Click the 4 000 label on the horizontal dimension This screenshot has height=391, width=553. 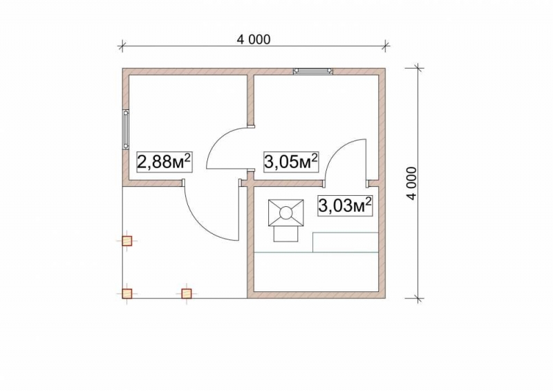(254, 39)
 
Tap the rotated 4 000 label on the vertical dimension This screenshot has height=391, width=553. (411, 183)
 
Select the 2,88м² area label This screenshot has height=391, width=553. (164, 162)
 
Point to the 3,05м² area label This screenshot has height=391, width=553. (291, 162)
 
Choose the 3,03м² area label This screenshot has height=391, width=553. (345, 206)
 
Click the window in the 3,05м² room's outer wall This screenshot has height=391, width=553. (313, 71)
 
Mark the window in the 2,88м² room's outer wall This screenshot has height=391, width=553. (126, 129)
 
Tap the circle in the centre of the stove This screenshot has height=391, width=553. (285, 213)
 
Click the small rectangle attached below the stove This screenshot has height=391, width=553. (285, 234)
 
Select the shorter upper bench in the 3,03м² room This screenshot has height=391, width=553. (346, 242)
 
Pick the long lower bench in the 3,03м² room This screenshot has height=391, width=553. (316, 272)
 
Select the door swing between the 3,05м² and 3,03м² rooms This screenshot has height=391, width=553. (337, 150)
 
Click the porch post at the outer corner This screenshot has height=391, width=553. (127, 293)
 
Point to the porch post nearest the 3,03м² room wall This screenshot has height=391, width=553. (187, 293)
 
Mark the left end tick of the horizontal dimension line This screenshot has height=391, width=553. (122, 46)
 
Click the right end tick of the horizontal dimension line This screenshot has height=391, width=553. (386, 46)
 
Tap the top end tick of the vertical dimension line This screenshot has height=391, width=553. (418, 69)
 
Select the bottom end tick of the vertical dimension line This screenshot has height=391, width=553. (418, 298)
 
